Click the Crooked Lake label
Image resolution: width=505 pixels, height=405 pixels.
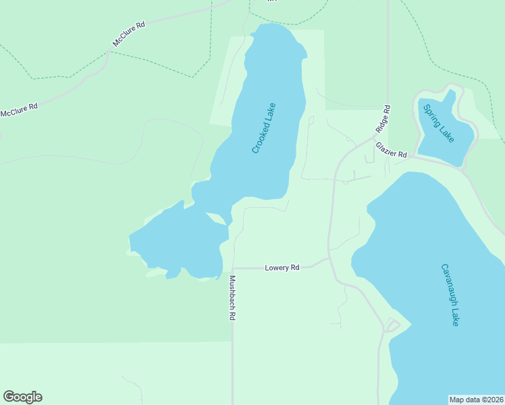pos(264,128)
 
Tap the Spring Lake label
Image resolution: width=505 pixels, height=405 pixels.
pos(439,123)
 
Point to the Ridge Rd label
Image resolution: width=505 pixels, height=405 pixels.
pos(382,119)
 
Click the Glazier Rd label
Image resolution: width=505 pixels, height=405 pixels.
pos(392,150)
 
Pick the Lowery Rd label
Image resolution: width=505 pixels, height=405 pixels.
pos(282,268)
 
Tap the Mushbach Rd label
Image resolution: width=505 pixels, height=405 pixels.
pos(232,298)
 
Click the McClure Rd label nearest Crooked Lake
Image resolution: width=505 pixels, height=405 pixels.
pos(129,34)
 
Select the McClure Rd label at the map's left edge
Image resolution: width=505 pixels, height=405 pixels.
pos(19,110)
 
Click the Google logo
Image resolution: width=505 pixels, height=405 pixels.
pos(22,397)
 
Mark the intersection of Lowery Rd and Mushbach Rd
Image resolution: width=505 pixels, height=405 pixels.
pos(233,269)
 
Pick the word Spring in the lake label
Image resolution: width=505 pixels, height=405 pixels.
pos(432,115)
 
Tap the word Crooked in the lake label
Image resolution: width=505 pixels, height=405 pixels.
pos(260,138)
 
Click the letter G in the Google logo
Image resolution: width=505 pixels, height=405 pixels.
pos(9,397)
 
